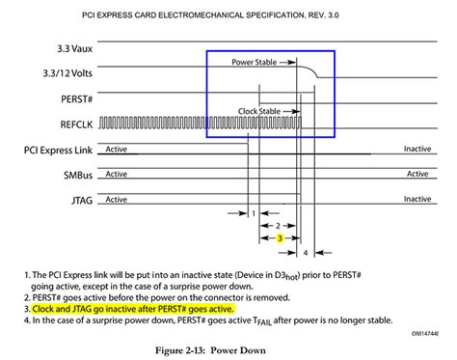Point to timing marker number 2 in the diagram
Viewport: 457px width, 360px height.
click(281, 225)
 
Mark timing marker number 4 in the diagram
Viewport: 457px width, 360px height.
click(307, 252)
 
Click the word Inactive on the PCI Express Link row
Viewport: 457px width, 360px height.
click(417, 150)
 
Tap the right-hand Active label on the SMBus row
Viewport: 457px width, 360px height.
click(417, 175)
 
